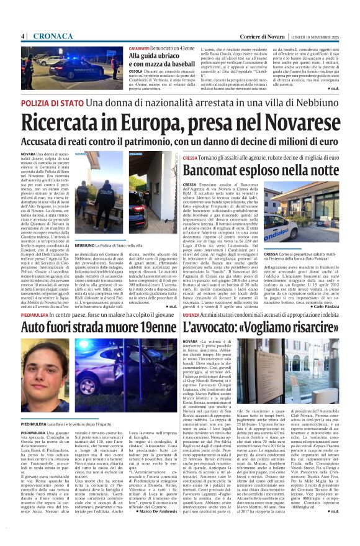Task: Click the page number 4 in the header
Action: [x=22, y=37]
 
